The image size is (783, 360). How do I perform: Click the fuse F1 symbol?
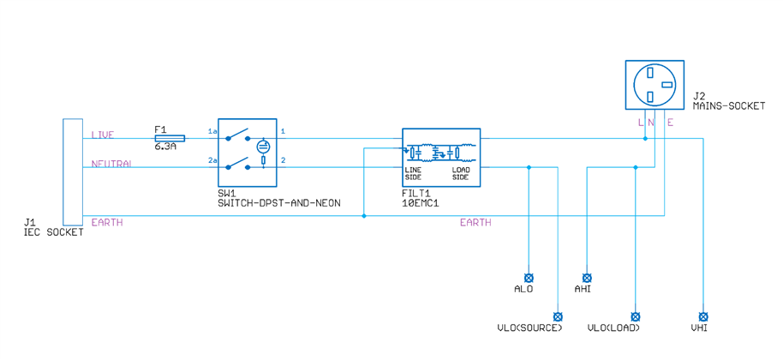170,137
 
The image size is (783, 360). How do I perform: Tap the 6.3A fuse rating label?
165,147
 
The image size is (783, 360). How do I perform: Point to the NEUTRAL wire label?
111,164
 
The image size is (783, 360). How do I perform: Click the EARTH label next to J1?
107,222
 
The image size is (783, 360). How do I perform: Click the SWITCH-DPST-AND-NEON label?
279,203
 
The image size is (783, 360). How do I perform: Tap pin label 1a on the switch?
212,131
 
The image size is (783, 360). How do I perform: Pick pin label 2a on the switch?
212,160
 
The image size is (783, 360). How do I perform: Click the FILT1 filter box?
441,159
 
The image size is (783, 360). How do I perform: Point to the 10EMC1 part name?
421,203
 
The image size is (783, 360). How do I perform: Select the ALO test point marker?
529,278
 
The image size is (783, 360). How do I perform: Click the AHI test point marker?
587,278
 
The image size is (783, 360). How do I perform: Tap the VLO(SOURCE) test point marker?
558,315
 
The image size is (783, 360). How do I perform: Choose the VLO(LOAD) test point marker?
635,315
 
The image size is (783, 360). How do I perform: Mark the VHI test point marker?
703,315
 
